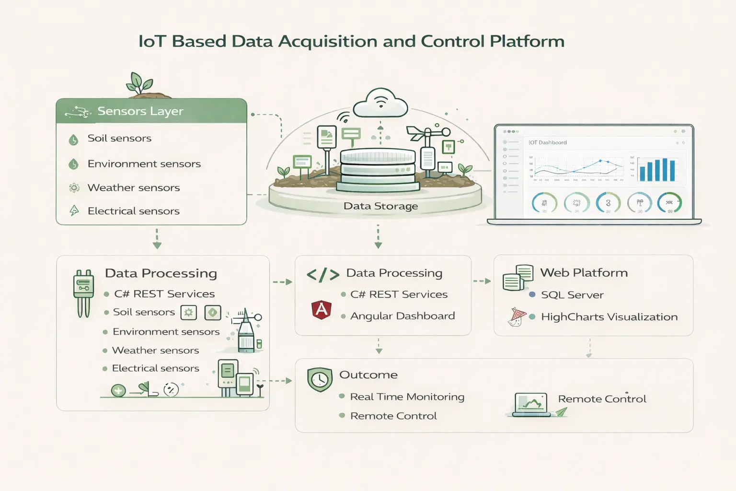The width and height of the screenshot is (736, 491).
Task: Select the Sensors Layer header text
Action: point(140,111)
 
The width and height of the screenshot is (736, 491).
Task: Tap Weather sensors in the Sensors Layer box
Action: point(133,188)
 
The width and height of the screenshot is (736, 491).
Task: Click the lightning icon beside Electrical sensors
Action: point(74,210)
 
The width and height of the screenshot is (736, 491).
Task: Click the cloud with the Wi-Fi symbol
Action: point(380,103)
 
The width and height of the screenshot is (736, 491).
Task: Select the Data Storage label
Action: point(380,206)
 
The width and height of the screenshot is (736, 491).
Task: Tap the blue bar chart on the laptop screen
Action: point(657,170)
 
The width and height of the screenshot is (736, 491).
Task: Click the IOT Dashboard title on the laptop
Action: point(548,142)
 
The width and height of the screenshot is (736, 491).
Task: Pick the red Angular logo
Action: point(322,310)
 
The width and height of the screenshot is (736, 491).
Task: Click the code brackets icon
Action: point(322,275)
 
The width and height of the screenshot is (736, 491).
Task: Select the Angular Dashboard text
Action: point(402,316)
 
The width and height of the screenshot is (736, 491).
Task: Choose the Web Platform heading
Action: point(584,273)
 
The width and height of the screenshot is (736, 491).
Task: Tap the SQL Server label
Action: point(572,295)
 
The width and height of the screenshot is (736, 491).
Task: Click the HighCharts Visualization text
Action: point(609,317)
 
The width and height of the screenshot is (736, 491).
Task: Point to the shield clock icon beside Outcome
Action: point(320,379)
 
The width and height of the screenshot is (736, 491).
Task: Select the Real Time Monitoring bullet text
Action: point(407,397)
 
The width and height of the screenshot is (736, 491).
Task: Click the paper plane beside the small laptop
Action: point(561,412)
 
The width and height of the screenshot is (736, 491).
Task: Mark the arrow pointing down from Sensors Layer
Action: point(157,239)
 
